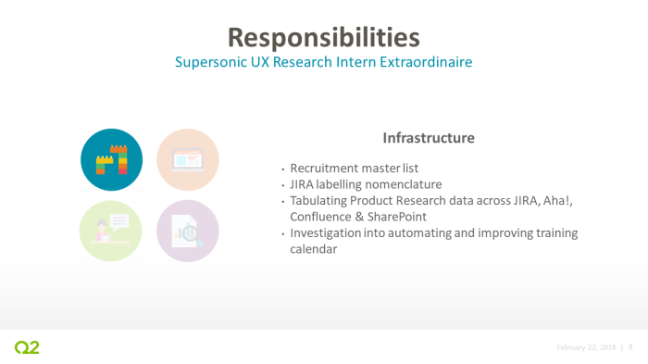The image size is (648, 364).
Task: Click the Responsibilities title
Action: [323, 36]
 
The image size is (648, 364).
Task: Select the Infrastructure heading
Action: [429, 137]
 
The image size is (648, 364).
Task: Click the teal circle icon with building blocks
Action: [112, 159]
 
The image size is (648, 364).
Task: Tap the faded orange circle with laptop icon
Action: [188, 159]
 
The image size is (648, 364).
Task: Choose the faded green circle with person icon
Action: [112, 231]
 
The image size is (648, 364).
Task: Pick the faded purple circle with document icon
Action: [188, 231]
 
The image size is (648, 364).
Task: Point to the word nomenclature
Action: [405, 184]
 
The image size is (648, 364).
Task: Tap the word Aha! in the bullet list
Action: [562, 201]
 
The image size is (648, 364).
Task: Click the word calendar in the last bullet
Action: [316, 249]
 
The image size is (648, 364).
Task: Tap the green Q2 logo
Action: [27, 347]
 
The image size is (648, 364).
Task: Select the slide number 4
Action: [630, 347]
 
